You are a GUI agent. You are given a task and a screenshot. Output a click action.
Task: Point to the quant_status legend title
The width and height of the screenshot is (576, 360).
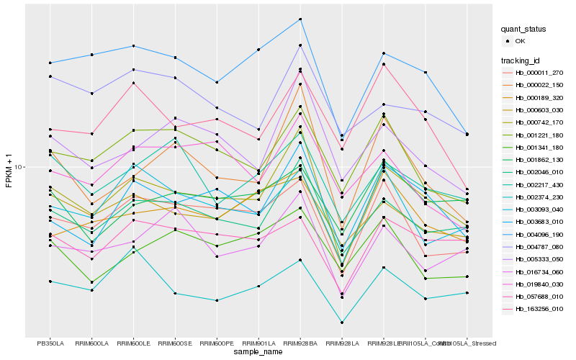tap(524, 29)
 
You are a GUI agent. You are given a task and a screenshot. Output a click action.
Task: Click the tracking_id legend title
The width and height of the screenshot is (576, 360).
tap(521, 60)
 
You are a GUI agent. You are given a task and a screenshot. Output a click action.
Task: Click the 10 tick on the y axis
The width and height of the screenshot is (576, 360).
tap(19, 167)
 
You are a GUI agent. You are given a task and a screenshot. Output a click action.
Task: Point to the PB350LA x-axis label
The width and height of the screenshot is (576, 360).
tap(50, 343)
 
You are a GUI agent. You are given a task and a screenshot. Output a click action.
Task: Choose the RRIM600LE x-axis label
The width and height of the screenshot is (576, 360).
tap(134, 343)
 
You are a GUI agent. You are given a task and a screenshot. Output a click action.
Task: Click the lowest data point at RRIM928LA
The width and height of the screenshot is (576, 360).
tap(342, 323)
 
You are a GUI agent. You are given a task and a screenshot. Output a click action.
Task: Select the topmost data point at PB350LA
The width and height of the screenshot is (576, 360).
tap(50, 63)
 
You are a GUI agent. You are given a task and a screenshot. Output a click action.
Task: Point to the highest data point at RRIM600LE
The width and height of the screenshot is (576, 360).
tap(134, 46)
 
